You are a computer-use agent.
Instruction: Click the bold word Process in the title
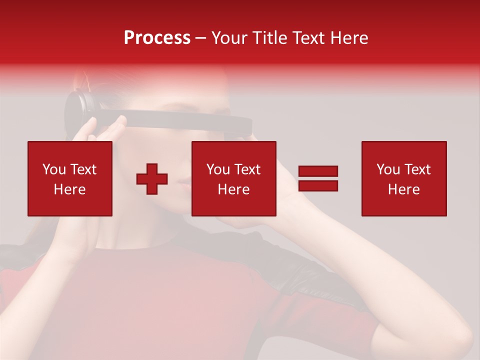[157, 38]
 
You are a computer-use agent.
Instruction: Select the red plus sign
[152, 179]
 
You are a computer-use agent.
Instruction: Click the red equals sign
[318, 178]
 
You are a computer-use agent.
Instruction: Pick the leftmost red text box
[70, 178]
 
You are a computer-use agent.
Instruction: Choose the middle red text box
[234, 178]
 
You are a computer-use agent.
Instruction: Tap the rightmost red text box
[404, 178]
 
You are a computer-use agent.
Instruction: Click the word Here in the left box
[70, 189]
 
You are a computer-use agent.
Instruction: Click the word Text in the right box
[417, 169]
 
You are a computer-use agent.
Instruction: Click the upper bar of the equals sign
[318, 171]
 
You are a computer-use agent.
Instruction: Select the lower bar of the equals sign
[318, 186]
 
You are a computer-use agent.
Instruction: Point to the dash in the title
[201, 38]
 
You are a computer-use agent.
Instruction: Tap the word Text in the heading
[306, 38]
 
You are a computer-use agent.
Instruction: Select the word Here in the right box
[404, 189]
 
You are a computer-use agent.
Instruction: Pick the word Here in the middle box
[234, 189]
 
